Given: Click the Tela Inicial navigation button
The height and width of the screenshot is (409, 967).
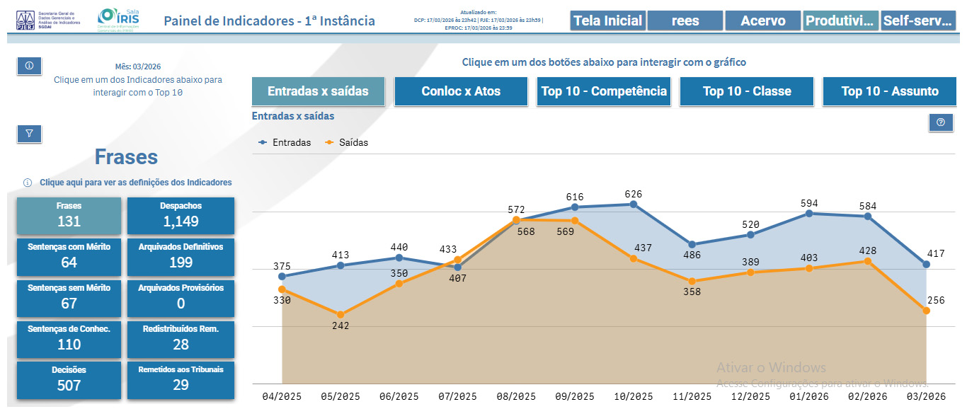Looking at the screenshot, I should coord(607,21).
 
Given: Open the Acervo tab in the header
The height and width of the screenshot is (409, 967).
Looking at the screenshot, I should coord(762,21).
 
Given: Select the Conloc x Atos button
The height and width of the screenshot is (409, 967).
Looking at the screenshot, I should coord(461,91).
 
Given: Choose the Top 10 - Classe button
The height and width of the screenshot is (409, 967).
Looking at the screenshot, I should coord(746,91).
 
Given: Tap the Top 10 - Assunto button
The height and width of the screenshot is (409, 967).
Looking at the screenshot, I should coord(889,91).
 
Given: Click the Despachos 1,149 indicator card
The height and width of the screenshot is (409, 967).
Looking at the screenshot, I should coord(181,215).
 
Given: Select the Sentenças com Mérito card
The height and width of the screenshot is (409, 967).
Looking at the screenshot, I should coord(69,256).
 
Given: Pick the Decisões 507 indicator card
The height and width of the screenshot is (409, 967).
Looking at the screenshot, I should coord(69,379).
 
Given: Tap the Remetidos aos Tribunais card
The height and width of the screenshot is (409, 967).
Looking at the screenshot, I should coord(181,379).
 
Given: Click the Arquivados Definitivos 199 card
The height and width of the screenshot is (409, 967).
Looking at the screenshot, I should coord(181,256).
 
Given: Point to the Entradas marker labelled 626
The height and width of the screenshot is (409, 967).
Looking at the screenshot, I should coord(633,204).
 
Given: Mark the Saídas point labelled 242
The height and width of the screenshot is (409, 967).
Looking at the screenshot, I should coord(341,314).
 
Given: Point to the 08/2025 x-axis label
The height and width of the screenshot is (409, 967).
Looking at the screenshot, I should coord(516,396).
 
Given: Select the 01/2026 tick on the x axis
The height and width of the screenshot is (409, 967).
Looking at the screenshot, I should coord(808,396).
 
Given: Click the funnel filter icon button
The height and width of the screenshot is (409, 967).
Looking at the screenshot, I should coord(29,133).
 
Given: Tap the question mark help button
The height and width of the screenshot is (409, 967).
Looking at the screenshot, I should coord(940,122).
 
